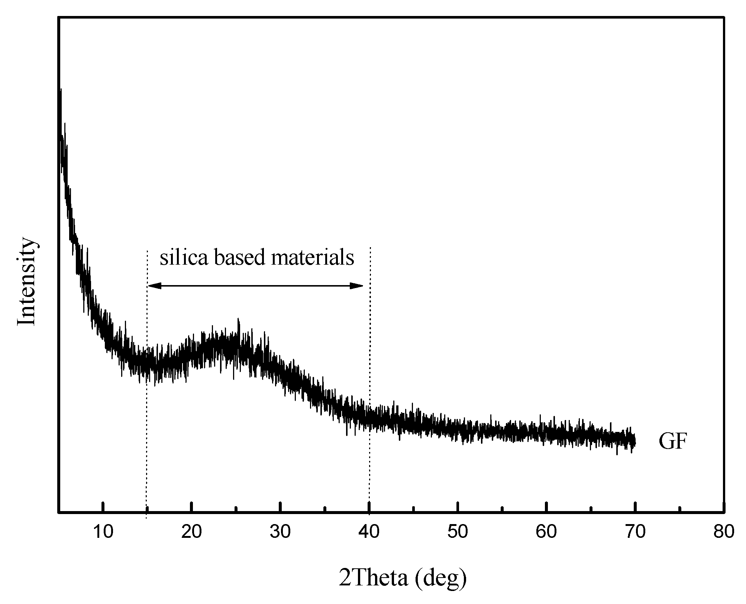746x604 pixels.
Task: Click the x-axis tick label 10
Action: pyautogui.click(x=103, y=532)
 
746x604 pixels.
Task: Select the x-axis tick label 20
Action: pyautogui.click(x=191, y=532)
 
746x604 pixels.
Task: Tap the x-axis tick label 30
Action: pyautogui.click(x=280, y=532)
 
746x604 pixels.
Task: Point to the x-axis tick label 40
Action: pyautogui.click(x=369, y=532)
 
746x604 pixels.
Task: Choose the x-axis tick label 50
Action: pyautogui.click(x=458, y=532)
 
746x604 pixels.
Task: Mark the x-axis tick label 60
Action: pyautogui.click(x=546, y=532)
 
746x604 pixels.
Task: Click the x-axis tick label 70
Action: pyautogui.click(x=635, y=532)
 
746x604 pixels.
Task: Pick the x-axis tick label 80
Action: pyautogui.click(x=724, y=532)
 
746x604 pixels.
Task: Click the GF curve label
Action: pyautogui.click(x=672, y=442)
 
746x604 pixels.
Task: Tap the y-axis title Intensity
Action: pyautogui.click(x=27, y=281)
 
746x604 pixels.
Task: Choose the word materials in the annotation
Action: pyautogui.click(x=312, y=257)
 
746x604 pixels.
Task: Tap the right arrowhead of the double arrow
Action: pyautogui.click(x=357, y=285)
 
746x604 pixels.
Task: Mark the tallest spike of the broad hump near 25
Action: pyautogui.click(x=238, y=320)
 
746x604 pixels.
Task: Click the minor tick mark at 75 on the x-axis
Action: pyautogui.click(x=680, y=509)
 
